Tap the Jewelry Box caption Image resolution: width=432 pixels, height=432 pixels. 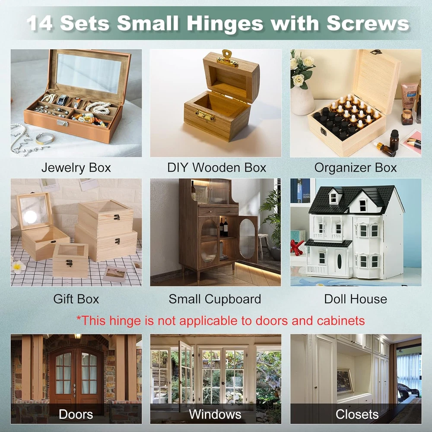click(76, 168)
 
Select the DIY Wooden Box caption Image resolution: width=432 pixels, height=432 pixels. click(217, 168)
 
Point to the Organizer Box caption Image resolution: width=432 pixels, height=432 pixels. click(356, 168)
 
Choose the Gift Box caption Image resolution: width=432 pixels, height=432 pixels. click(76, 299)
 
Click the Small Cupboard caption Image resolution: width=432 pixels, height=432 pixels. click(215, 299)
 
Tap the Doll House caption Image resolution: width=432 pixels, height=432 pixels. click(356, 299)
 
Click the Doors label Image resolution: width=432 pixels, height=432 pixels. click(76, 414)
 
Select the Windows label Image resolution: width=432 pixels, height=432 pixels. click(215, 414)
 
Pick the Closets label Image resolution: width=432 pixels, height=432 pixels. click(357, 414)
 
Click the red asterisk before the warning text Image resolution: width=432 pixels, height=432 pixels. click(79, 318)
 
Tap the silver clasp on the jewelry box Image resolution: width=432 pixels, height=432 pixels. click(63, 123)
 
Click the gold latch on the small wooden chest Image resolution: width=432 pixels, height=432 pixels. click(205, 115)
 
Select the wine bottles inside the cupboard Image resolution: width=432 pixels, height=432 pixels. click(224, 227)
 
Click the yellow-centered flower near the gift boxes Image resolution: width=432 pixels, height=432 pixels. click(18, 266)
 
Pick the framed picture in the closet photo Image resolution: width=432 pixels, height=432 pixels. click(345, 381)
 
